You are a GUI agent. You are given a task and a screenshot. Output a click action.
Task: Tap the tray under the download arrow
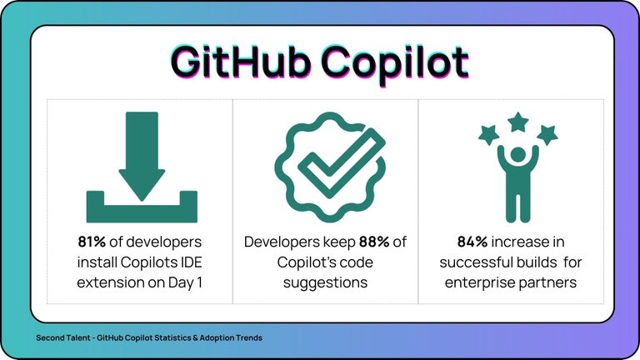click(142, 209)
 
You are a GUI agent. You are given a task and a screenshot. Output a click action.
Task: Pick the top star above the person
click(518, 122)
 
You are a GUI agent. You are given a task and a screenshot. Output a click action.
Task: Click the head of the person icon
click(518, 156)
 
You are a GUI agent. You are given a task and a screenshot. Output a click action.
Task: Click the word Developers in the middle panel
click(283, 242)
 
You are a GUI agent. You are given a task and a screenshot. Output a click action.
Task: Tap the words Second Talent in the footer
click(62, 337)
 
